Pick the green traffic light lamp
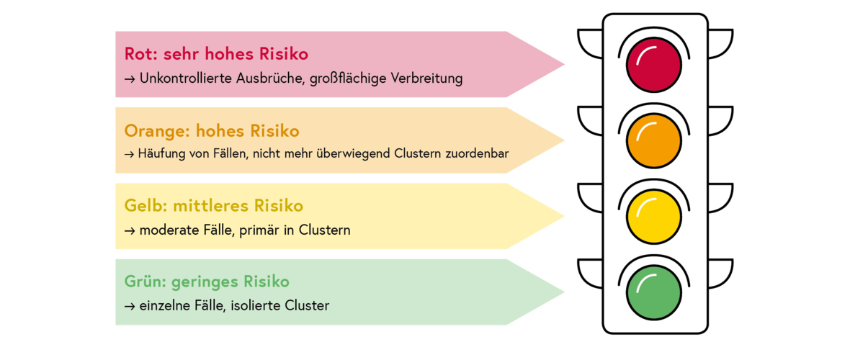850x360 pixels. point(654,292)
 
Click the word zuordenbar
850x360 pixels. point(478,153)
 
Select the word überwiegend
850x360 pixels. point(354,153)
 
